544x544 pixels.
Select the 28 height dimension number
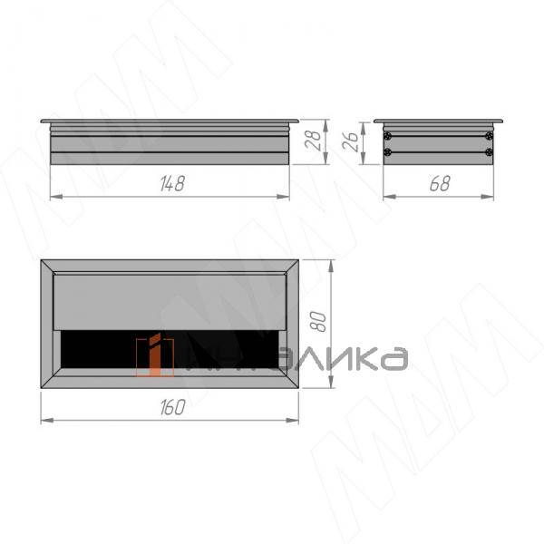click(310, 141)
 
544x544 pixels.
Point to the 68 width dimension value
click(439, 183)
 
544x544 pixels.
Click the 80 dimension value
click(318, 322)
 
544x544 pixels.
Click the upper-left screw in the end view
click(387, 137)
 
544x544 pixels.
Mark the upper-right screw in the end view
click(490, 137)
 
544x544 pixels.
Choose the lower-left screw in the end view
click(387, 152)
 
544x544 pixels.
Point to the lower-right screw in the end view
click(490, 152)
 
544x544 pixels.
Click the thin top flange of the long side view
click(170, 121)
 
